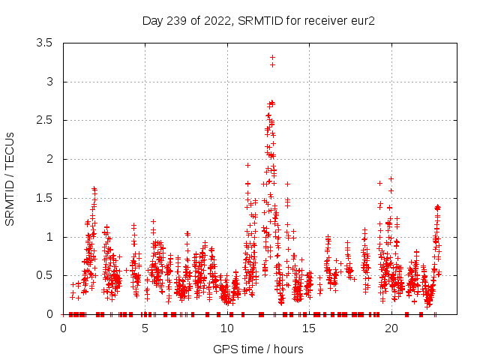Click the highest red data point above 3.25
click(272, 57)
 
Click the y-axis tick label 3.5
click(44, 43)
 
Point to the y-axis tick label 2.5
click(44, 120)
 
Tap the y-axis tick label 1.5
click(44, 198)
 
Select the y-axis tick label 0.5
click(44, 275)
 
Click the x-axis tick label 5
click(145, 328)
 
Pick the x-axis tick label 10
click(227, 328)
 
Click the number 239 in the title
click(175, 20)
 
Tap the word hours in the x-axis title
click(287, 349)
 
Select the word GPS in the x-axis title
click(224, 349)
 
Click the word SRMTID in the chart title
click(258, 20)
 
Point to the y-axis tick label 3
click(49, 82)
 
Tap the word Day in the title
click(152, 20)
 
